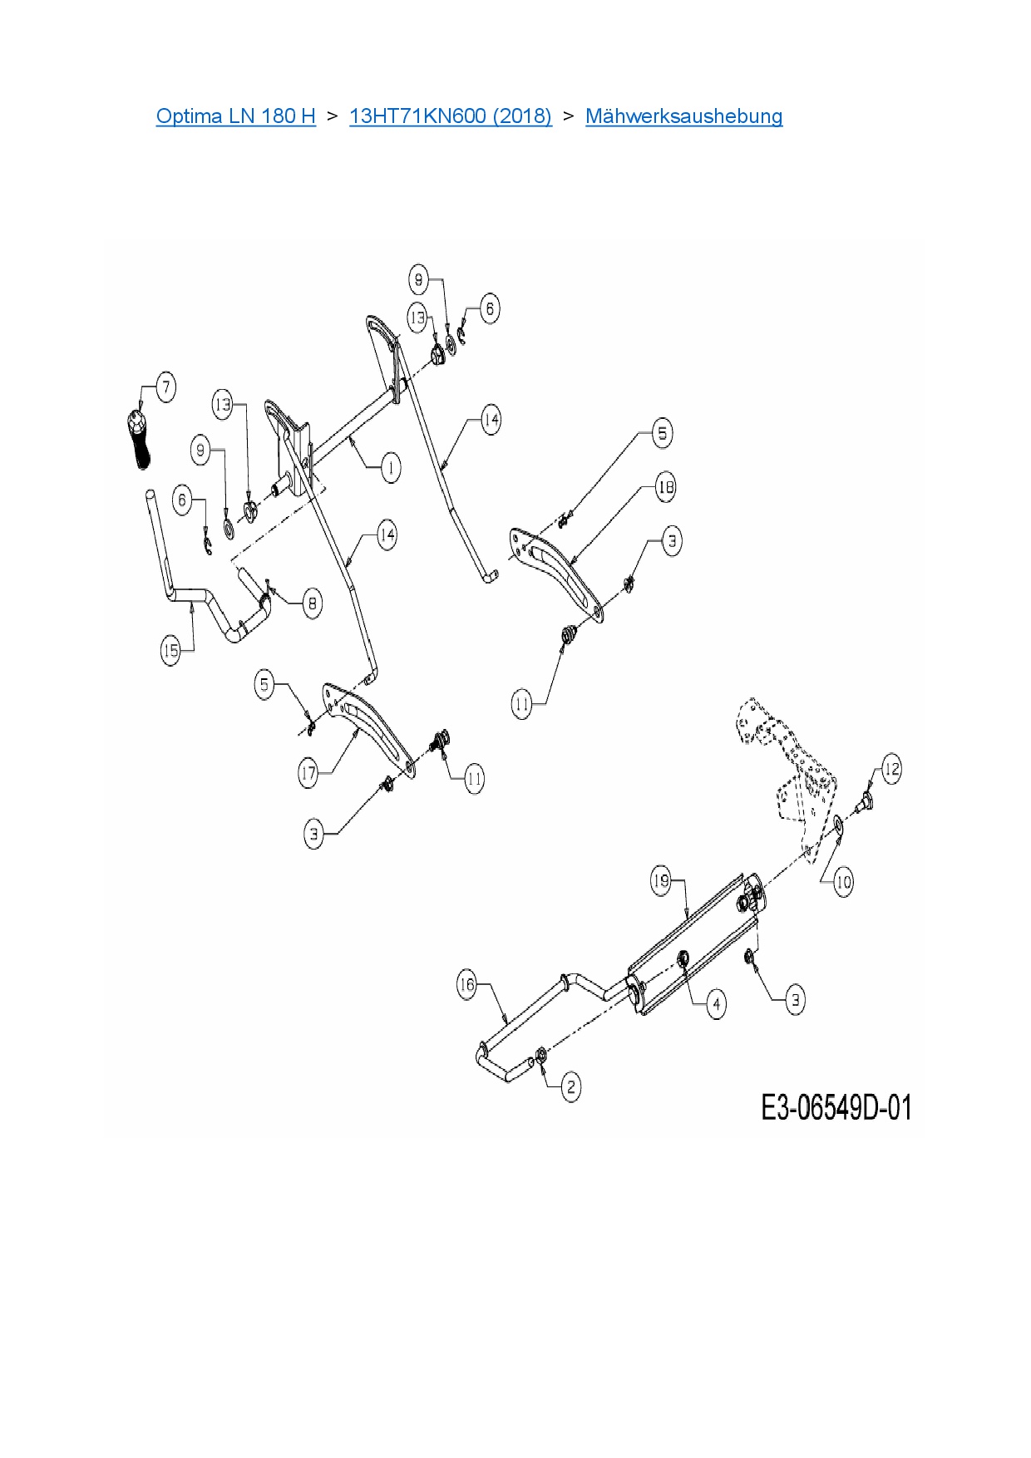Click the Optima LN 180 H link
(235, 116)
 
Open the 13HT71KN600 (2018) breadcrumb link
(450, 116)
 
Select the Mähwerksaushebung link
(683, 116)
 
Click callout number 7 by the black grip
(165, 387)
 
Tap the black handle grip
(139, 440)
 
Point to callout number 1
(391, 467)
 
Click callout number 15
(170, 650)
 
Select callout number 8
(312, 603)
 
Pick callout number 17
(308, 774)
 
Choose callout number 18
(665, 487)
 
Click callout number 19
(660, 881)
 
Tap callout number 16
(467, 985)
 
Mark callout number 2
(570, 1086)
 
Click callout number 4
(716, 1004)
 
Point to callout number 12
(891, 769)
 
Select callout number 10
(843, 882)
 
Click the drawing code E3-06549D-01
(836, 1108)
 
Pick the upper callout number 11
(521, 705)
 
